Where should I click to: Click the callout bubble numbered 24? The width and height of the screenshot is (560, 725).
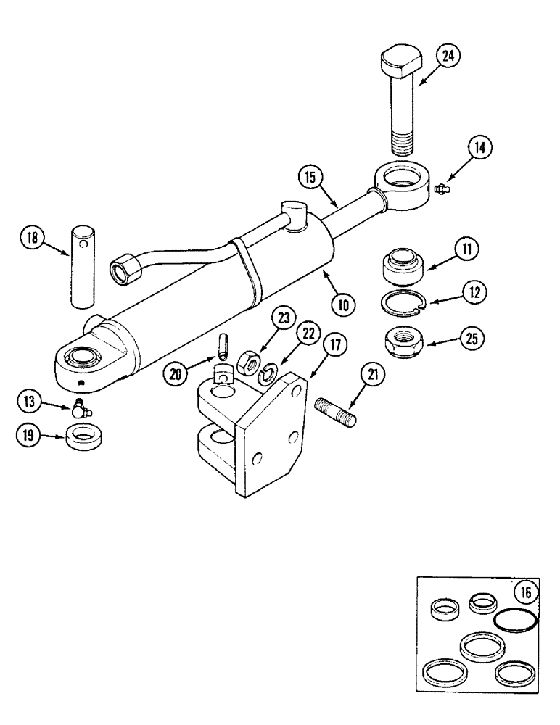[x=449, y=56]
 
